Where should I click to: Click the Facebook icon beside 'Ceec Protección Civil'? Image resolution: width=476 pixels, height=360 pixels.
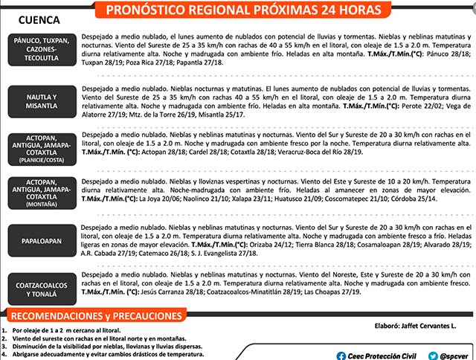(x=340, y=355)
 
